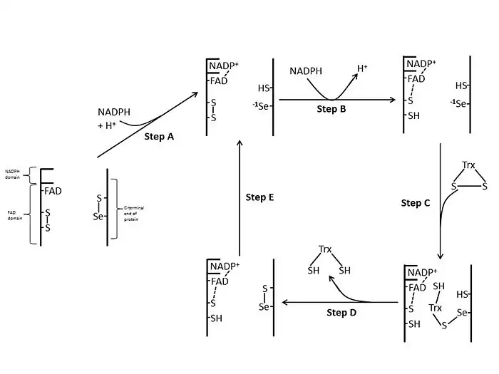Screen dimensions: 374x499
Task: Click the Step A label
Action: [x=159, y=136]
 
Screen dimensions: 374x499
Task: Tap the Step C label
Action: [x=416, y=203]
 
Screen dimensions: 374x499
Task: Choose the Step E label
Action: [x=259, y=197]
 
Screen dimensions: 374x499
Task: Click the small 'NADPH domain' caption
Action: [x=14, y=174]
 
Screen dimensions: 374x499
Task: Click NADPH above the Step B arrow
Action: [x=306, y=71]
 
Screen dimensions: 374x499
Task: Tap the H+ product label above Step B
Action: [x=362, y=68]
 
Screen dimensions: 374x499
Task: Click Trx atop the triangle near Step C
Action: [x=468, y=165]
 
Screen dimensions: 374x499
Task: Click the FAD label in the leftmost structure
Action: [x=53, y=191]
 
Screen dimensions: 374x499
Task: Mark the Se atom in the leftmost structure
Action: [x=98, y=217]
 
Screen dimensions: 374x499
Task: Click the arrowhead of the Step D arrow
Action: [x=286, y=303]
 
